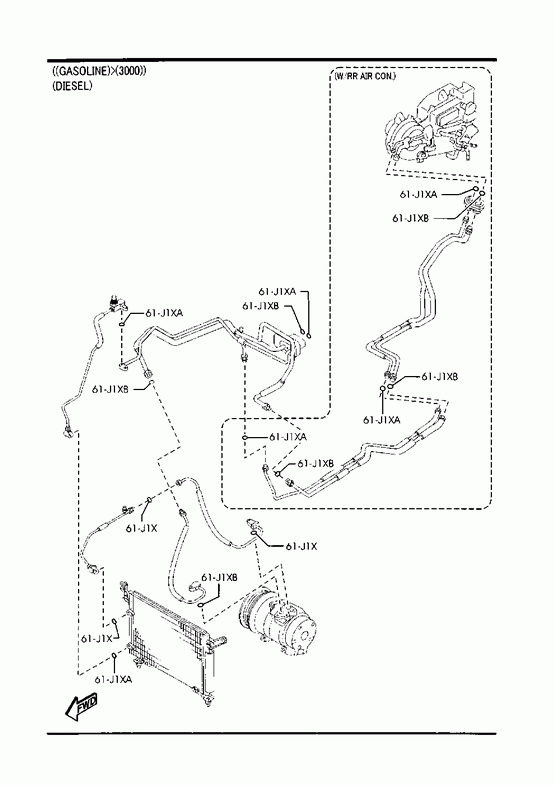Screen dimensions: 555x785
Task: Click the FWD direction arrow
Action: click(x=82, y=707)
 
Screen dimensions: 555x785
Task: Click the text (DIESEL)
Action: click(x=72, y=86)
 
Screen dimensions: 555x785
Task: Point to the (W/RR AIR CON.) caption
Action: click(x=365, y=76)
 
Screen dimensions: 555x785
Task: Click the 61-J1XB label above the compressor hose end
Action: click(x=219, y=577)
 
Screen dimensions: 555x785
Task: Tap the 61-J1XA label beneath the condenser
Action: click(x=114, y=679)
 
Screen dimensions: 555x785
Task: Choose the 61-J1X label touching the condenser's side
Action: click(x=96, y=639)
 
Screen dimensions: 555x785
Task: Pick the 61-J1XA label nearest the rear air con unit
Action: click(x=418, y=194)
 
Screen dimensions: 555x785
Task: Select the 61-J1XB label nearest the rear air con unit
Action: click(x=411, y=218)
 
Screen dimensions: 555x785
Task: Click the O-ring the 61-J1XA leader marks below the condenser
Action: click(x=115, y=656)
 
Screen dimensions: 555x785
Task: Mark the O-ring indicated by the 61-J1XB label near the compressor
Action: click(x=201, y=605)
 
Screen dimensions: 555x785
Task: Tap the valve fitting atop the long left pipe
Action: click(x=116, y=303)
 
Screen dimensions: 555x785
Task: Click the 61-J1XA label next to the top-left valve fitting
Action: click(x=164, y=313)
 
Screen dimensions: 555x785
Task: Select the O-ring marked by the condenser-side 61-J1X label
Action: click(x=115, y=622)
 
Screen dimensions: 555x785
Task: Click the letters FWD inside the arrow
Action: click(x=88, y=702)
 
